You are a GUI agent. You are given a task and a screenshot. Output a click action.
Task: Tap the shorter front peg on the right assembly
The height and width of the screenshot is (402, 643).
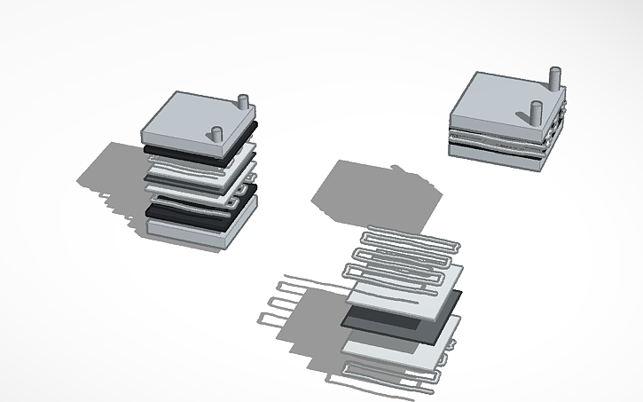coord(536,114)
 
